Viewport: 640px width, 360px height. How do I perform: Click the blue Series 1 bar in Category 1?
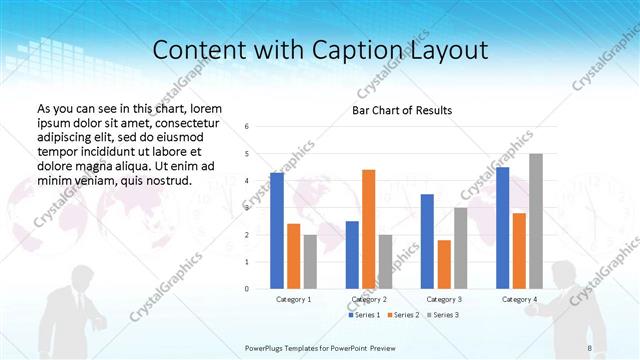pos(277,231)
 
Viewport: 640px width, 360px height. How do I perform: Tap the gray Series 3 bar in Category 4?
pos(536,221)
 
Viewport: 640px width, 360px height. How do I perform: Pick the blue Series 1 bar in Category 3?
pos(427,241)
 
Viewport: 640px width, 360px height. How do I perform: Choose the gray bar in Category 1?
pos(310,262)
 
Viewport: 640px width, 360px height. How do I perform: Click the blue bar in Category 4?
pos(502,228)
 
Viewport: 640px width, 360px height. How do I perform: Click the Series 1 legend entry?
pos(363,315)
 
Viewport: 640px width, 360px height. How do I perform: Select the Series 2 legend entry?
pos(403,315)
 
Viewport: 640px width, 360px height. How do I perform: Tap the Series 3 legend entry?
pos(443,315)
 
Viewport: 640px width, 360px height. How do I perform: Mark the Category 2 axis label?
pos(368,299)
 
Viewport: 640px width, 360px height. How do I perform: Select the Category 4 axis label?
pos(519,299)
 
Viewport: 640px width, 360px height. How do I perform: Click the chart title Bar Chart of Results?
pos(402,110)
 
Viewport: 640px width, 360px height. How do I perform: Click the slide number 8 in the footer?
pos(590,347)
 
